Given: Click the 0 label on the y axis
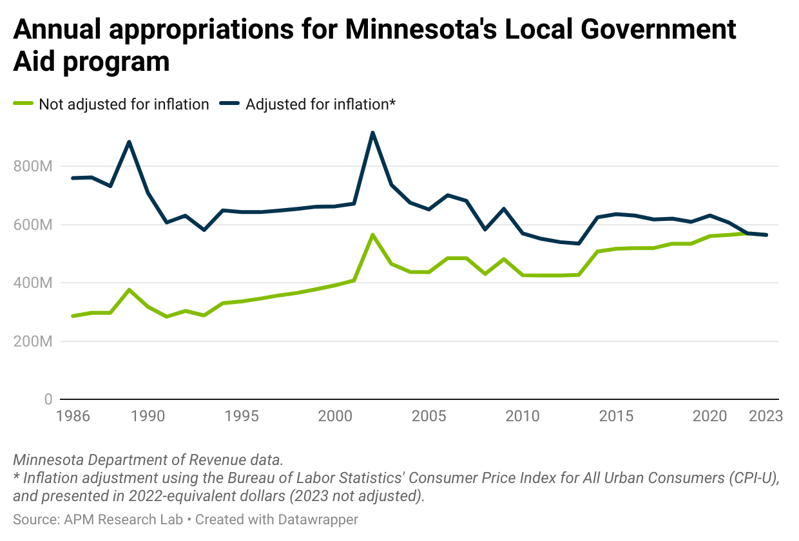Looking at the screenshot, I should (48, 399).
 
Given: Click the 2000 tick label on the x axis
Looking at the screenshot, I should (335, 416).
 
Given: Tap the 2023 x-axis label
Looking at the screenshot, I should (765, 416).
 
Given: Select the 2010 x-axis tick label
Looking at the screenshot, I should (523, 416).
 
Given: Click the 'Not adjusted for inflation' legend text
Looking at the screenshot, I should (124, 104).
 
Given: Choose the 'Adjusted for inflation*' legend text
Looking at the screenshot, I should (320, 104).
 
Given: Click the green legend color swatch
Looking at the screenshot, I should (23, 104).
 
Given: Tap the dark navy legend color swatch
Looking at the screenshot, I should (230, 104).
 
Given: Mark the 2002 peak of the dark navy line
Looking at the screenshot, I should (372, 133).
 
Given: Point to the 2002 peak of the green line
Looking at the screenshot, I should (372, 235).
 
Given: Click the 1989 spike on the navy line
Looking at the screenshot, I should (130, 142).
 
